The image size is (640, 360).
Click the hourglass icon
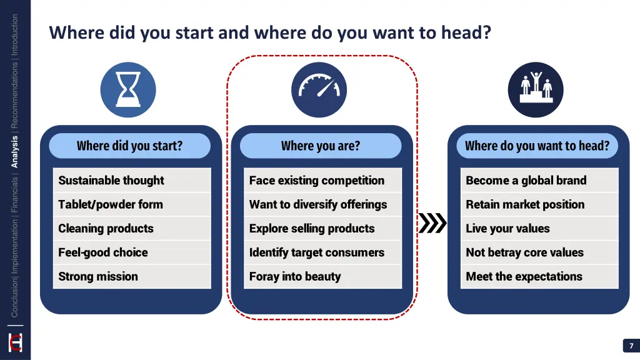(x=128, y=90)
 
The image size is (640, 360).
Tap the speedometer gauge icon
(x=319, y=90)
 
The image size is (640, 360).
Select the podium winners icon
(x=536, y=90)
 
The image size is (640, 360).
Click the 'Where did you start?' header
(x=130, y=146)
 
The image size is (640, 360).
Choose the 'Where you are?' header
(x=321, y=146)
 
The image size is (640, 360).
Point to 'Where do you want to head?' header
(x=537, y=146)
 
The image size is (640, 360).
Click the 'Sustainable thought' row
(x=132, y=181)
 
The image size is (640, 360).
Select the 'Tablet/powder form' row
(x=132, y=204)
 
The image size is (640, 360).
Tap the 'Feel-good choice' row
(x=132, y=252)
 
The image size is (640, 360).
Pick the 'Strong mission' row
(x=132, y=276)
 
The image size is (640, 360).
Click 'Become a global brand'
(x=539, y=181)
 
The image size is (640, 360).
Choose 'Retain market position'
(x=539, y=204)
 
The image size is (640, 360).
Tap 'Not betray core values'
(x=539, y=252)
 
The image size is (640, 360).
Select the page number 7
(x=631, y=346)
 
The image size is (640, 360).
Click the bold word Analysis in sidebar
(x=15, y=152)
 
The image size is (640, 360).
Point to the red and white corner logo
(x=15, y=343)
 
